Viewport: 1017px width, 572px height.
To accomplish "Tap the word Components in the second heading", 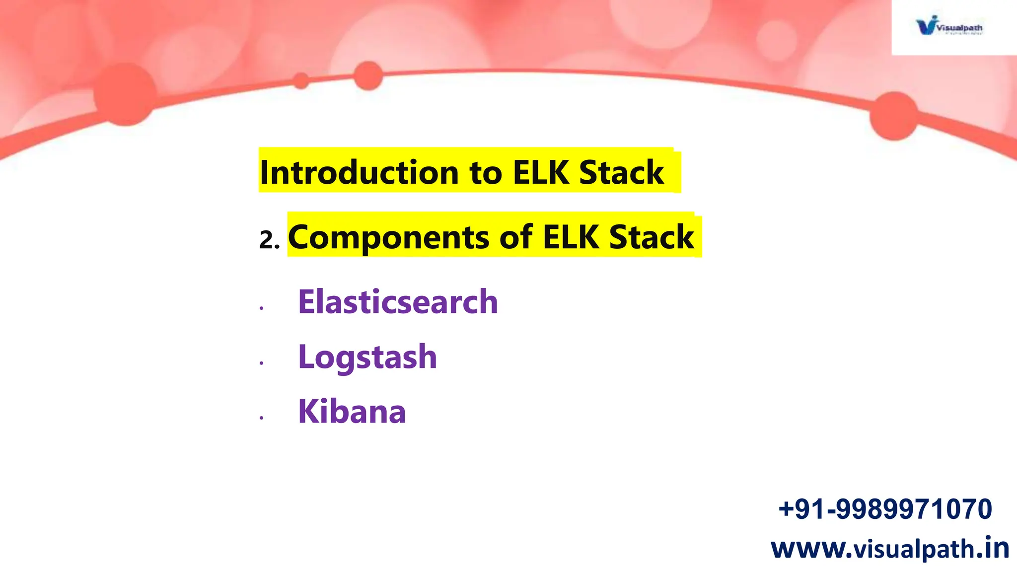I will (389, 237).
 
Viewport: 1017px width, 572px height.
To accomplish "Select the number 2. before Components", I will (269, 240).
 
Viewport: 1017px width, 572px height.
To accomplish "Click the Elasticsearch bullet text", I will (398, 302).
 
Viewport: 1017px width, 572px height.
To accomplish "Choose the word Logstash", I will (367, 357).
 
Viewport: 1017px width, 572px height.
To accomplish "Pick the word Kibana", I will (352, 412).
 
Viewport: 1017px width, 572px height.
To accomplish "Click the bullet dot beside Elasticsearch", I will (261, 308).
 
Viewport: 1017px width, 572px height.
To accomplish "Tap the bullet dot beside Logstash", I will (261, 363).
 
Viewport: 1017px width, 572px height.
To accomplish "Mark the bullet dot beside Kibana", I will (261, 418).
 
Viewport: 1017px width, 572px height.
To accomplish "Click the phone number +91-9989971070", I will (885, 509).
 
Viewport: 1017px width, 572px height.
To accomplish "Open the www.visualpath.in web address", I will (890, 548).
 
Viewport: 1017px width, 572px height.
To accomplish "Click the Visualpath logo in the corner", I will (949, 26).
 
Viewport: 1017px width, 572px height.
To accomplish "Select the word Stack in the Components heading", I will (652, 237).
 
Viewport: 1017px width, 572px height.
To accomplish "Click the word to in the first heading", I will (486, 173).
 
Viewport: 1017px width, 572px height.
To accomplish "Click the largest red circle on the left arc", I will (125, 94).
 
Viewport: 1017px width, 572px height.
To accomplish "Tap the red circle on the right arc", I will (894, 116).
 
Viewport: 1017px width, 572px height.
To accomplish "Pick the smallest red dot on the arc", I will (300, 80).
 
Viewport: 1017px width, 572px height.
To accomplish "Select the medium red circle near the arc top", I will (368, 75).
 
